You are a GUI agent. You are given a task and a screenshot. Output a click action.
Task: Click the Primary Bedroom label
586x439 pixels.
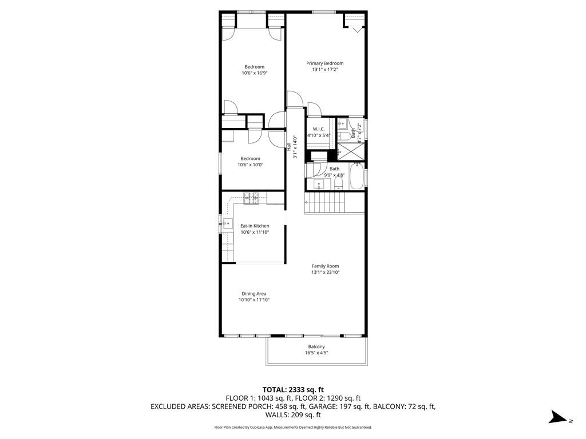coord(324,63)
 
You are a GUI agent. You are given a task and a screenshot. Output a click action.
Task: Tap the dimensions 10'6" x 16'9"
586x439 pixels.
coord(255,73)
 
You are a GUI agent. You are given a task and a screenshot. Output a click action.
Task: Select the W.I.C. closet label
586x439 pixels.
coord(319,129)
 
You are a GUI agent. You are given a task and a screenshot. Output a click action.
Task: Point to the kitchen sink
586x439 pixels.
coord(228,224)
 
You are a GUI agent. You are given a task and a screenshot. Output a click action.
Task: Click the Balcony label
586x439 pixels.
coord(316,347)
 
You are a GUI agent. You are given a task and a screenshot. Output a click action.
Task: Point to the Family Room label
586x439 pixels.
coord(325,266)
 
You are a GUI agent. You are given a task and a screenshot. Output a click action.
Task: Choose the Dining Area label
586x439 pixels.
coord(254,294)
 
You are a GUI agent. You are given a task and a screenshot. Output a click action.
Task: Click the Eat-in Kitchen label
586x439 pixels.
coord(255,226)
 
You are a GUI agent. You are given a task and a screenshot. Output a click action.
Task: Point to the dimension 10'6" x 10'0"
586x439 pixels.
coord(250,165)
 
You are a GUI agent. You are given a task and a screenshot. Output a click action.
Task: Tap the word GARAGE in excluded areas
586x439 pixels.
coord(310,406)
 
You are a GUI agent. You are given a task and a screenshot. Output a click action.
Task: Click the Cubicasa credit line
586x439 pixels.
coord(293,427)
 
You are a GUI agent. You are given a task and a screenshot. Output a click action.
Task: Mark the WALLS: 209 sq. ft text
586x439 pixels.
coord(293,415)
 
